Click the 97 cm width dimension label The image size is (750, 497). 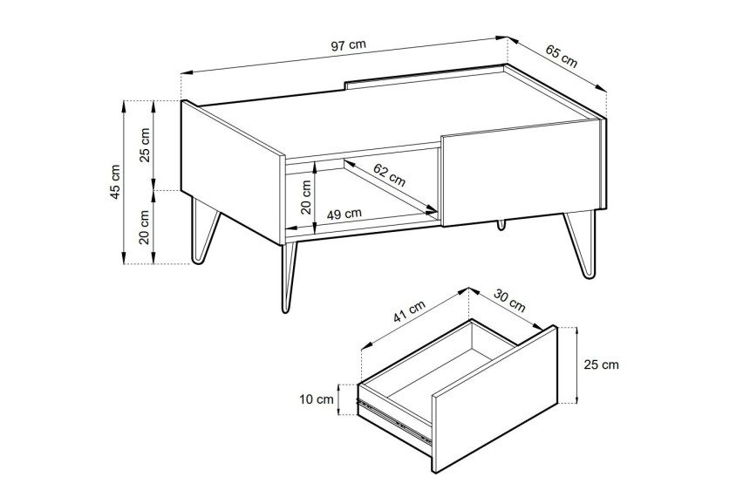348,45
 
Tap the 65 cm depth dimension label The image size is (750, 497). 562,57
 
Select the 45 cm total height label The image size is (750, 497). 115,181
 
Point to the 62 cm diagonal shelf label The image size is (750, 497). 389,175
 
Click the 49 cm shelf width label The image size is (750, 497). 344,214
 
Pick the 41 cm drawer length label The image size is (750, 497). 409,311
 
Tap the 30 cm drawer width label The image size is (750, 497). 509,301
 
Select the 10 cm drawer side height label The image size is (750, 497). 317,399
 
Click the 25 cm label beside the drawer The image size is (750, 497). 601,364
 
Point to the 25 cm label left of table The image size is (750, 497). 145,145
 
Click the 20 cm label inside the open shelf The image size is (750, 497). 306,196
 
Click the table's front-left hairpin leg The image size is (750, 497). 288,277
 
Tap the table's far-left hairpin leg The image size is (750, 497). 203,230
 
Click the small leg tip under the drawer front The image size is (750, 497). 501,224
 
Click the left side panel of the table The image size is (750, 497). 231,173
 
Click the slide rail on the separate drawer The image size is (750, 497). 394,421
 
